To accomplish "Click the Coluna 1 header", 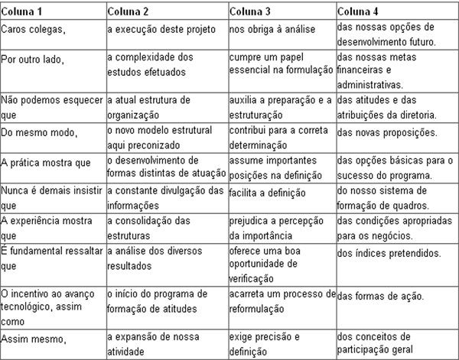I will tap(24, 11).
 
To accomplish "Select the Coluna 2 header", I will tap(131, 11).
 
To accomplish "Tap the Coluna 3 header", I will tap(253, 11).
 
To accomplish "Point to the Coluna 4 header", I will tap(360, 11).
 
